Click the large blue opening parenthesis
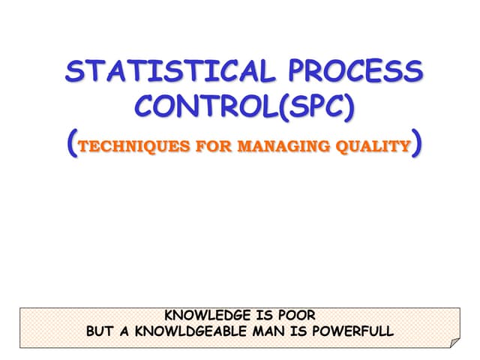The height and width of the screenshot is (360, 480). point(71,143)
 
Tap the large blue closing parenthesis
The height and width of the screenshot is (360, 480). point(416,143)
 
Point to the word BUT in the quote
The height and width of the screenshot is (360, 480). point(102,330)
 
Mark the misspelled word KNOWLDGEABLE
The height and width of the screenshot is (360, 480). point(193,330)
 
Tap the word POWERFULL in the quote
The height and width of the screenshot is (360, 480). point(354,330)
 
